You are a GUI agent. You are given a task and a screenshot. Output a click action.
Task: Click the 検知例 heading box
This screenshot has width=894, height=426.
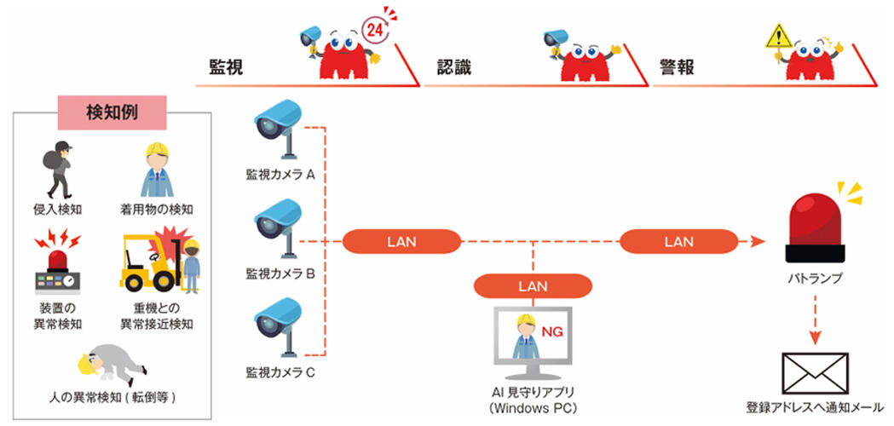111,112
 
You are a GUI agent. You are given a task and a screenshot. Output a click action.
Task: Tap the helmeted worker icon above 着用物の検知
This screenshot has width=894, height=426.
157,170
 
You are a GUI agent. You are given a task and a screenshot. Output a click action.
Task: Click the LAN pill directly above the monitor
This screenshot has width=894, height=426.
534,285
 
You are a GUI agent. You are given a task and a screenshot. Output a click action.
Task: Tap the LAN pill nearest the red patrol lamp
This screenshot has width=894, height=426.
678,241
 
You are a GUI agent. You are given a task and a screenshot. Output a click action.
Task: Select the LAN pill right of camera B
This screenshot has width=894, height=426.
401,241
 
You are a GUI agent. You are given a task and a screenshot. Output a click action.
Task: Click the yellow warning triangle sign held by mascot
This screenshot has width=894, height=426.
778,36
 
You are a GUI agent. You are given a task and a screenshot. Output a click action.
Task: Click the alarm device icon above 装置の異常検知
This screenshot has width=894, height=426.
58,264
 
